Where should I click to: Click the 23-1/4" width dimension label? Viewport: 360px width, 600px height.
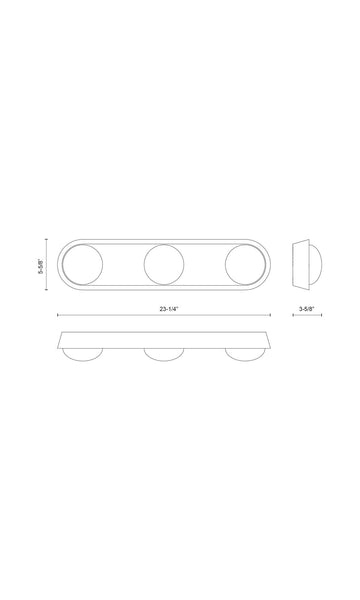point(169,309)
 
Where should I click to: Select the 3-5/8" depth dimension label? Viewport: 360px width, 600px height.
point(306,309)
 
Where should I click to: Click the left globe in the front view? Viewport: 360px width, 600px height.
point(82,264)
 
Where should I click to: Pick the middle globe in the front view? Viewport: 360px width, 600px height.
point(164,264)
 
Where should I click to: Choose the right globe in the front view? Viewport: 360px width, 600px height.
point(245,264)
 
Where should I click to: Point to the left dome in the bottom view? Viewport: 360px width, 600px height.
point(82,355)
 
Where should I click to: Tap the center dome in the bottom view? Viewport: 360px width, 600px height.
point(164,355)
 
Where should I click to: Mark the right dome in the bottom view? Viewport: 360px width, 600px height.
point(245,355)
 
